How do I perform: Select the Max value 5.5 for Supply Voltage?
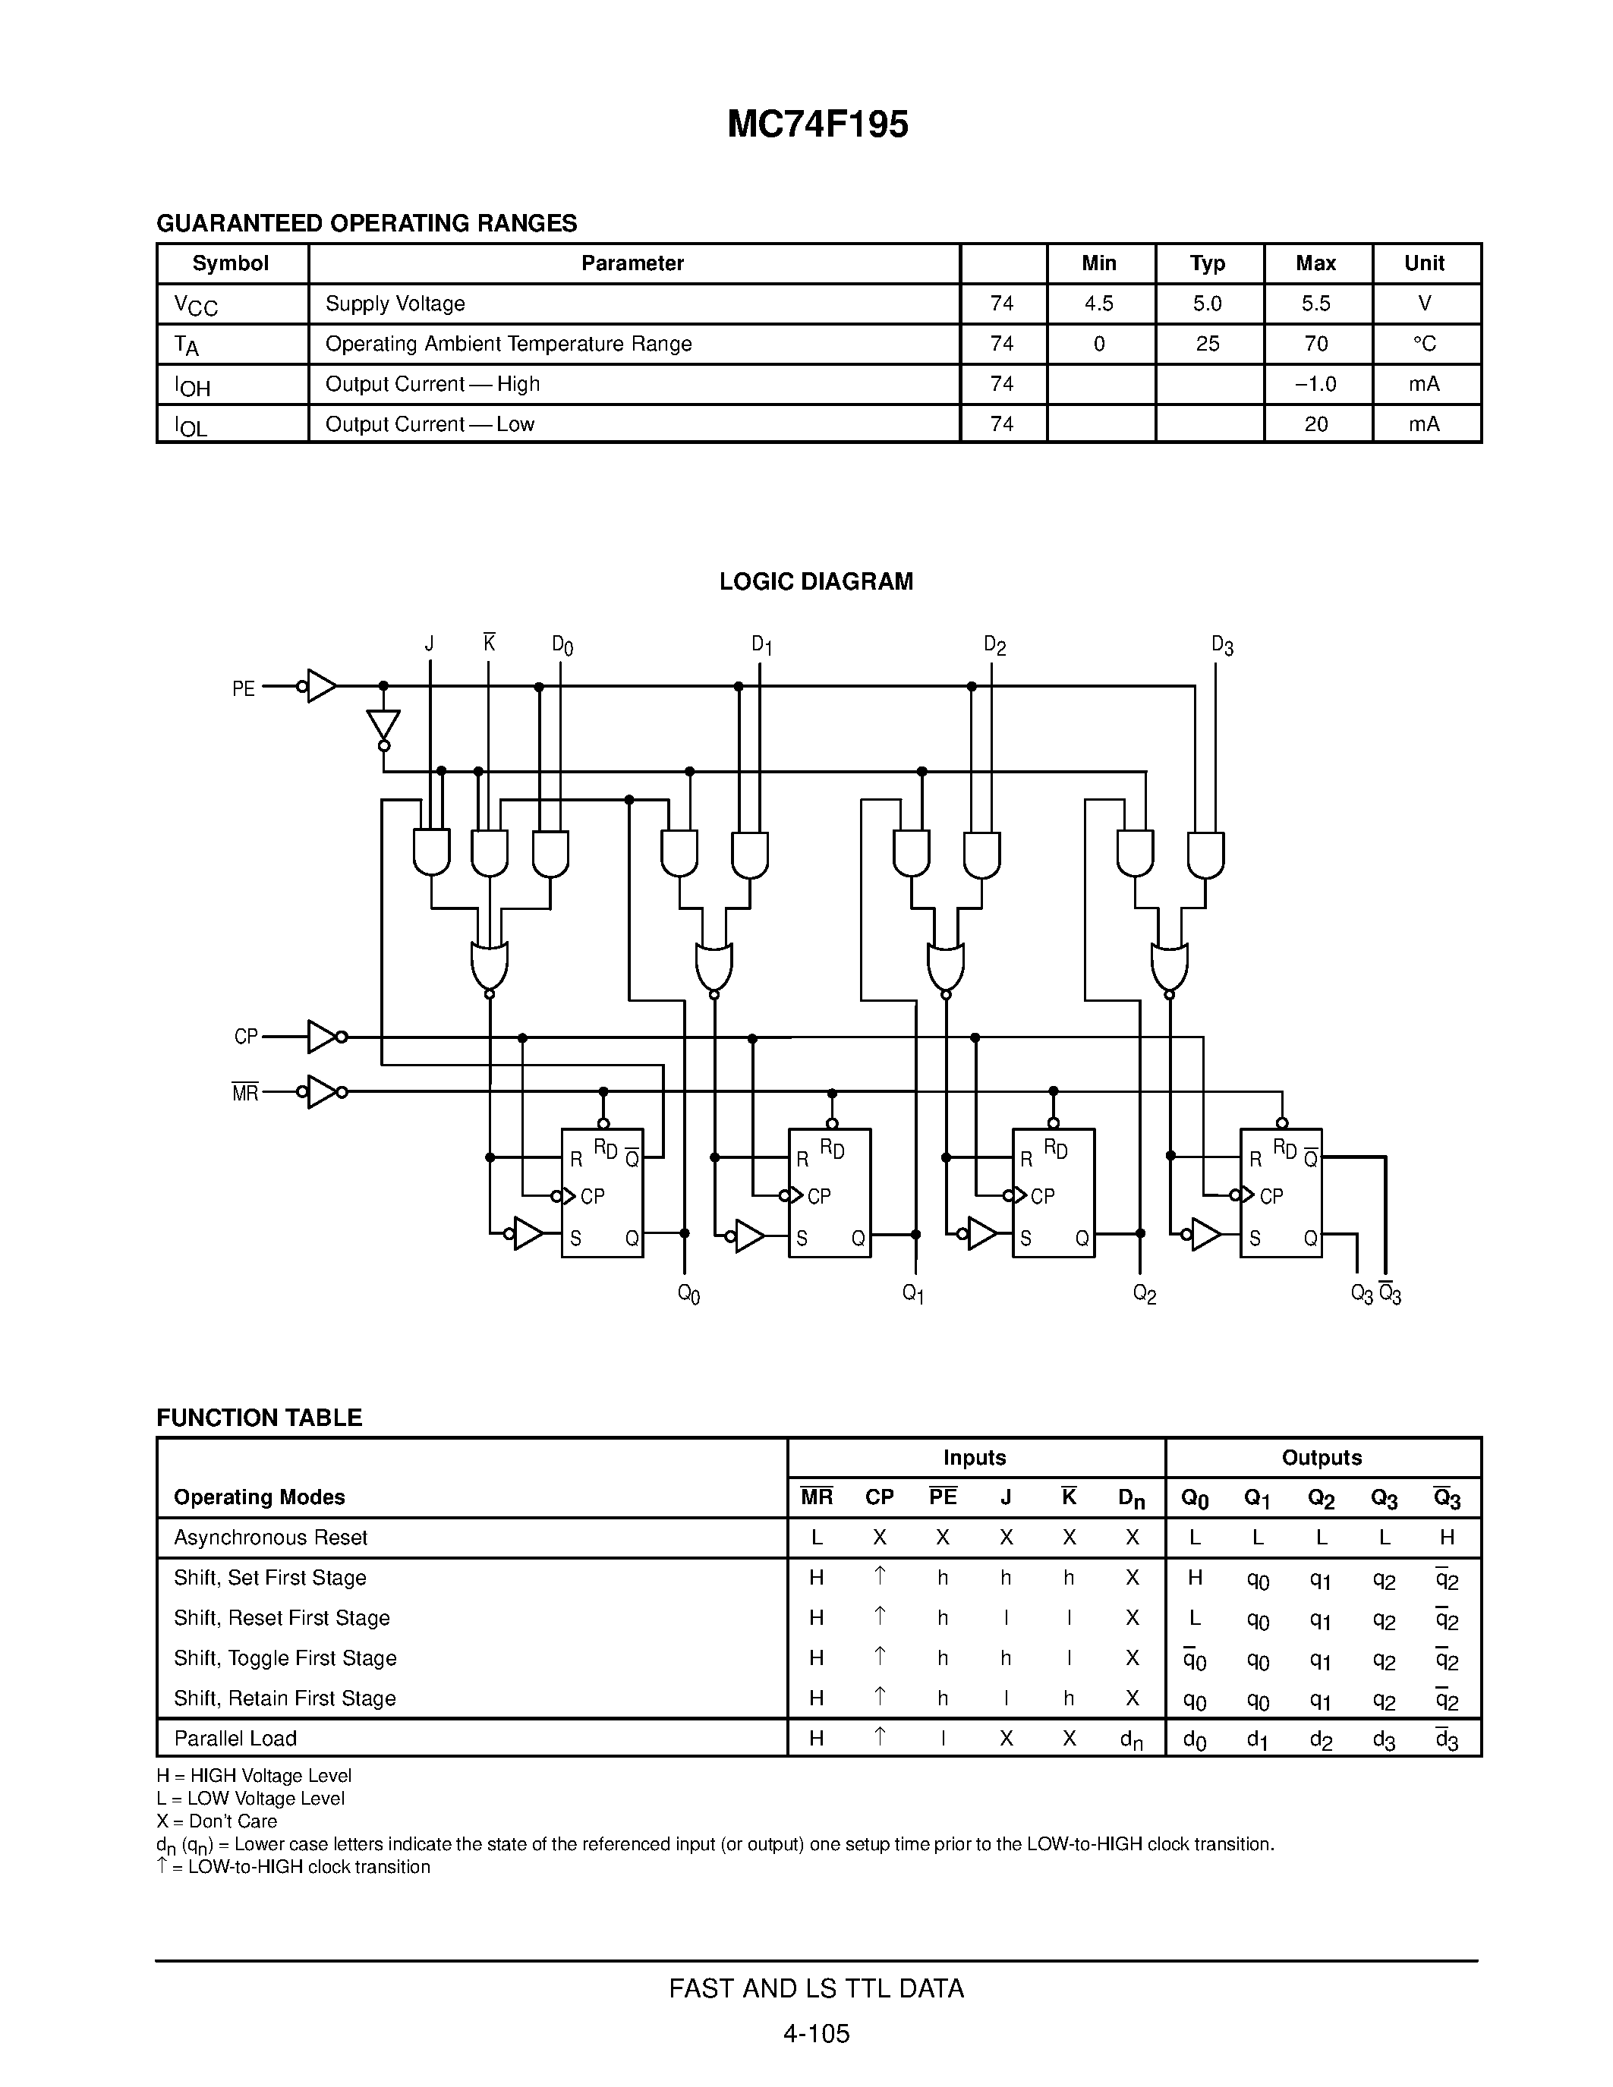point(1315,304)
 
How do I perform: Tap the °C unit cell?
point(1424,344)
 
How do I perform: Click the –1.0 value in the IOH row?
point(1315,384)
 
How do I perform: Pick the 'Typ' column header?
point(1208,264)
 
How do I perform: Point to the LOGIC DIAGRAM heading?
point(816,582)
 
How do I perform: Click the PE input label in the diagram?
point(244,689)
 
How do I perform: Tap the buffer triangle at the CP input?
point(321,1036)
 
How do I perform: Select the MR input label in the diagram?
point(244,1093)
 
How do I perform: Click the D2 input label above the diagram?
point(995,646)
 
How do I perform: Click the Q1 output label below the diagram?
point(912,1295)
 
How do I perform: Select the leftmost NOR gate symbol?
point(490,966)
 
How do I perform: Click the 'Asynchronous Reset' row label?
point(270,1538)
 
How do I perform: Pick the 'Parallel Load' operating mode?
point(235,1738)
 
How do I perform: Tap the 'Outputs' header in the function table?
point(1322,1457)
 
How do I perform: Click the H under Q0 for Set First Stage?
point(1195,1578)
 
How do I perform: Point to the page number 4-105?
point(816,2033)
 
